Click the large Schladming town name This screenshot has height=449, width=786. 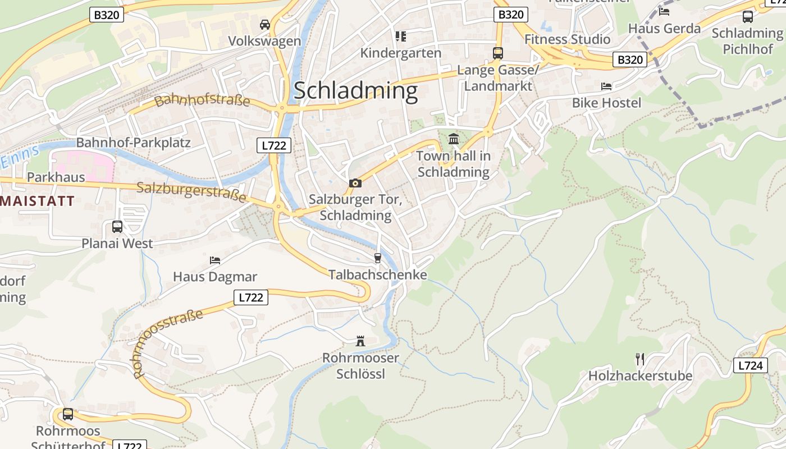[x=355, y=91]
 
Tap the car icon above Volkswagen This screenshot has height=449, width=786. [x=265, y=25]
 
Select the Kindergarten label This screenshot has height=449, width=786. [x=400, y=53]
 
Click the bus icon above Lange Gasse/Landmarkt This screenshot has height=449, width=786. [x=497, y=53]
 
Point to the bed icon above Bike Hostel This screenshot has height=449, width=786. [x=606, y=86]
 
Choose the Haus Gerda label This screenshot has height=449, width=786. [x=664, y=28]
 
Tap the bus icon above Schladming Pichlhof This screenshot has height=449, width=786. [x=748, y=17]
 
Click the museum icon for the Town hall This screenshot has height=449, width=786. [x=454, y=139]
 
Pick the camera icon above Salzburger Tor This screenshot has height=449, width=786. [x=355, y=183]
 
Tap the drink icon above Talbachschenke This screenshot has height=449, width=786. [x=377, y=258]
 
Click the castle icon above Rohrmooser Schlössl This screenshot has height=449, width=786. [x=360, y=341]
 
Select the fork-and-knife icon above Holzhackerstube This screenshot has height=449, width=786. [x=640, y=359]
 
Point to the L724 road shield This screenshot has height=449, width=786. [x=750, y=366]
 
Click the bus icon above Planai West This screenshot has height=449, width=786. [x=117, y=227]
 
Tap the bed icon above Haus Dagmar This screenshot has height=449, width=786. [x=214, y=260]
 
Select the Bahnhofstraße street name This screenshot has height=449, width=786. [x=202, y=100]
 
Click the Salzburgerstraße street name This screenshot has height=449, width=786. [x=191, y=191]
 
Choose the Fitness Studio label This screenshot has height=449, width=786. [x=567, y=39]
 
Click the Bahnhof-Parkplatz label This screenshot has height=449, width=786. [x=133, y=143]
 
